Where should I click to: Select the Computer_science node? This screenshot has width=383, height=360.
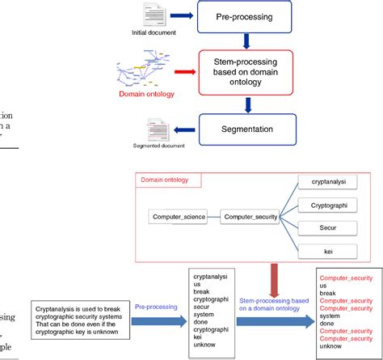[177, 216]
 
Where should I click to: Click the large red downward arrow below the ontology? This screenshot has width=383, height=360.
[276, 283]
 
